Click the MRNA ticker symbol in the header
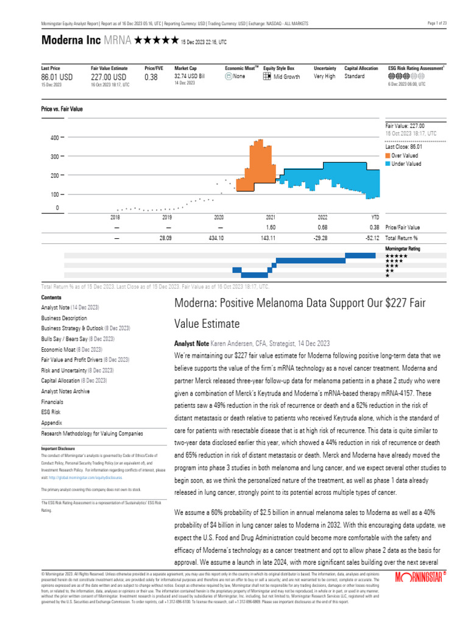click(117, 41)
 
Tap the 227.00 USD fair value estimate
click(108, 77)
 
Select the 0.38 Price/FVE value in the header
click(151, 77)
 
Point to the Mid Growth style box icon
click(267, 77)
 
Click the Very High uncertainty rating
click(325, 77)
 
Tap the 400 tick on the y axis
click(54, 138)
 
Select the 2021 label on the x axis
click(271, 217)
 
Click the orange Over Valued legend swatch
click(388, 155)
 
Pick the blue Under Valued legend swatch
click(388, 164)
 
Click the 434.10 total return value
click(219, 238)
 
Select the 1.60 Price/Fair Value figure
click(271, 227)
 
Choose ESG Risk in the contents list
click(51, 412)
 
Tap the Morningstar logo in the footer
click(421, 594)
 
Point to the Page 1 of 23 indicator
click(438, 23)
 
